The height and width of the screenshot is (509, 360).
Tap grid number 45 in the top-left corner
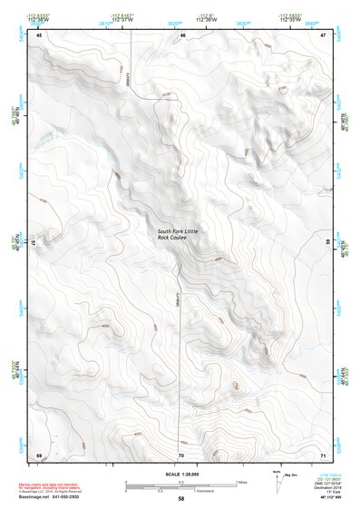pyautogui.click(x=40, y=34)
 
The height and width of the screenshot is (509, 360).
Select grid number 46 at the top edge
pyautogui.click(x=182, y=34)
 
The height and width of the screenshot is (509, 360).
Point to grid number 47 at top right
pyautogui.click(x=324, y=34)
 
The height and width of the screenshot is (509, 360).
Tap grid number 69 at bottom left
pyautogui.click(x=39, y=454)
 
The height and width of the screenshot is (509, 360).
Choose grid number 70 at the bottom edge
pyautogui.click(x=181, y=454)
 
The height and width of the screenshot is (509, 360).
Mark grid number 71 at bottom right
pyautogui.click(x=324, y=454)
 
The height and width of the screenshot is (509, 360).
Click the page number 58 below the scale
pyautogui.click(x=181, y=499)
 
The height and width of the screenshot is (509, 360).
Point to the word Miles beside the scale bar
pyautogui.click(x=242, y=481)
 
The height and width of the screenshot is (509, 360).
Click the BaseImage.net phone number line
pyautogui.click(x=59, y=496)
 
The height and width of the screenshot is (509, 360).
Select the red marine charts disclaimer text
pyautogui.click(x=58, y=481)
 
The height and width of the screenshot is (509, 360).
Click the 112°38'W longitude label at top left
pyautogui.click(x=39, y=20)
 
